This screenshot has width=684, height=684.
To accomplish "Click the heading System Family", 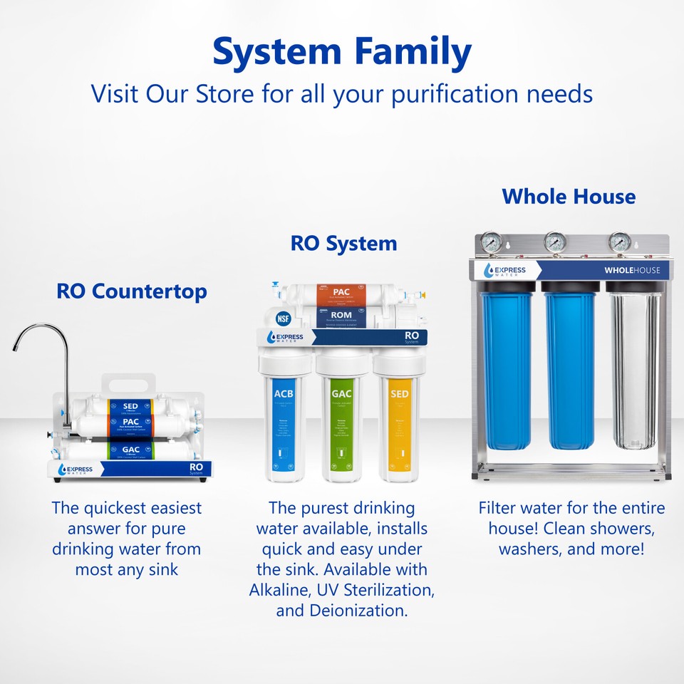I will pos(342,51).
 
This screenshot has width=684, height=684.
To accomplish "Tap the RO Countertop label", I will pos(132,291).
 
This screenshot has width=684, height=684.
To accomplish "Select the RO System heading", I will pos(343,243).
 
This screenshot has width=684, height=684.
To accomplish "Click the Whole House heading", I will pos(569,196).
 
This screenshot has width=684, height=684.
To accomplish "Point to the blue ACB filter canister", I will pos(286,424).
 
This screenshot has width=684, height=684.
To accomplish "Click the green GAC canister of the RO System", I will pos(342,424).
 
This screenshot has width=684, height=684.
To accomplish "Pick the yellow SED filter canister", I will pos(398,424).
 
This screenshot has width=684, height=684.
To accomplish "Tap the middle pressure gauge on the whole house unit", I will pos(556,243).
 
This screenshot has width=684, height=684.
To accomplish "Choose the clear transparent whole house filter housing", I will pos(634,370).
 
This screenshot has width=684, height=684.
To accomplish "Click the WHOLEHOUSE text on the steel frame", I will pos(632,270).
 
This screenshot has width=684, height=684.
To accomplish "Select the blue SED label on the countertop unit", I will pos(130,406).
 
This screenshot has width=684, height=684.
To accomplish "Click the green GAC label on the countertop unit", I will pos(130,450).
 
